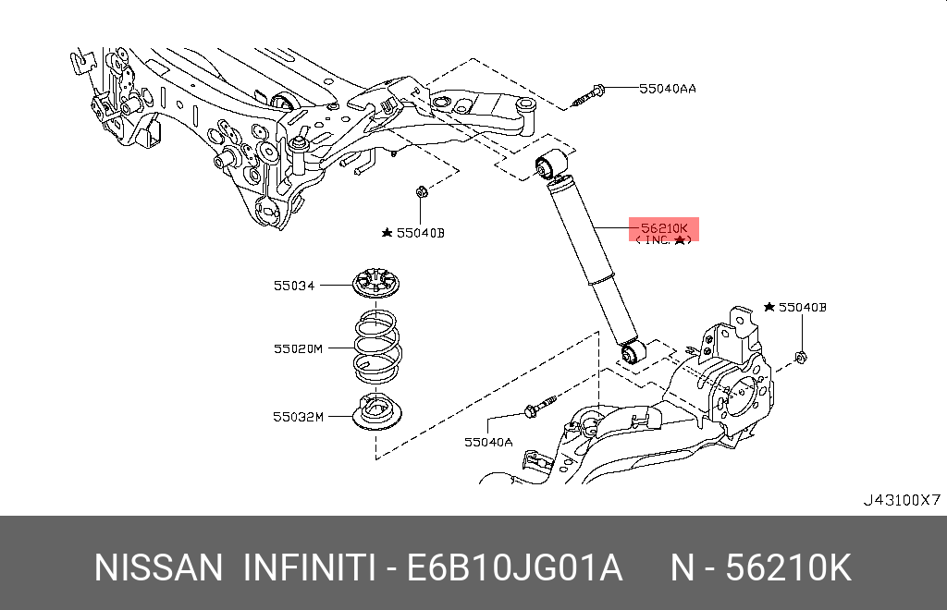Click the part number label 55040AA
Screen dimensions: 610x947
click(x=667, y=89)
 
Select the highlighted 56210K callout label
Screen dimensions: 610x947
click(x=664, y=231)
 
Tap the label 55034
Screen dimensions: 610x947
click(x=293, y=287)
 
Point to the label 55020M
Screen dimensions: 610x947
click(x=297, y=349)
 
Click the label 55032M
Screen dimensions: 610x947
click(x=297, y=417)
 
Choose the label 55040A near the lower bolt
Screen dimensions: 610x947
click(x=487, y=443)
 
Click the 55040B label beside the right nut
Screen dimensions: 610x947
click(x=801, y=307)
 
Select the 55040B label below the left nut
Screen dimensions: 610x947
click(x=419, y=233)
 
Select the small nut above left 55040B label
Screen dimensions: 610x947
click(x=420, y=192)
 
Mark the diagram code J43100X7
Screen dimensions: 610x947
click(x=901, y=500)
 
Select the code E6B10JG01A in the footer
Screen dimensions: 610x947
click(x=515, y=567)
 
